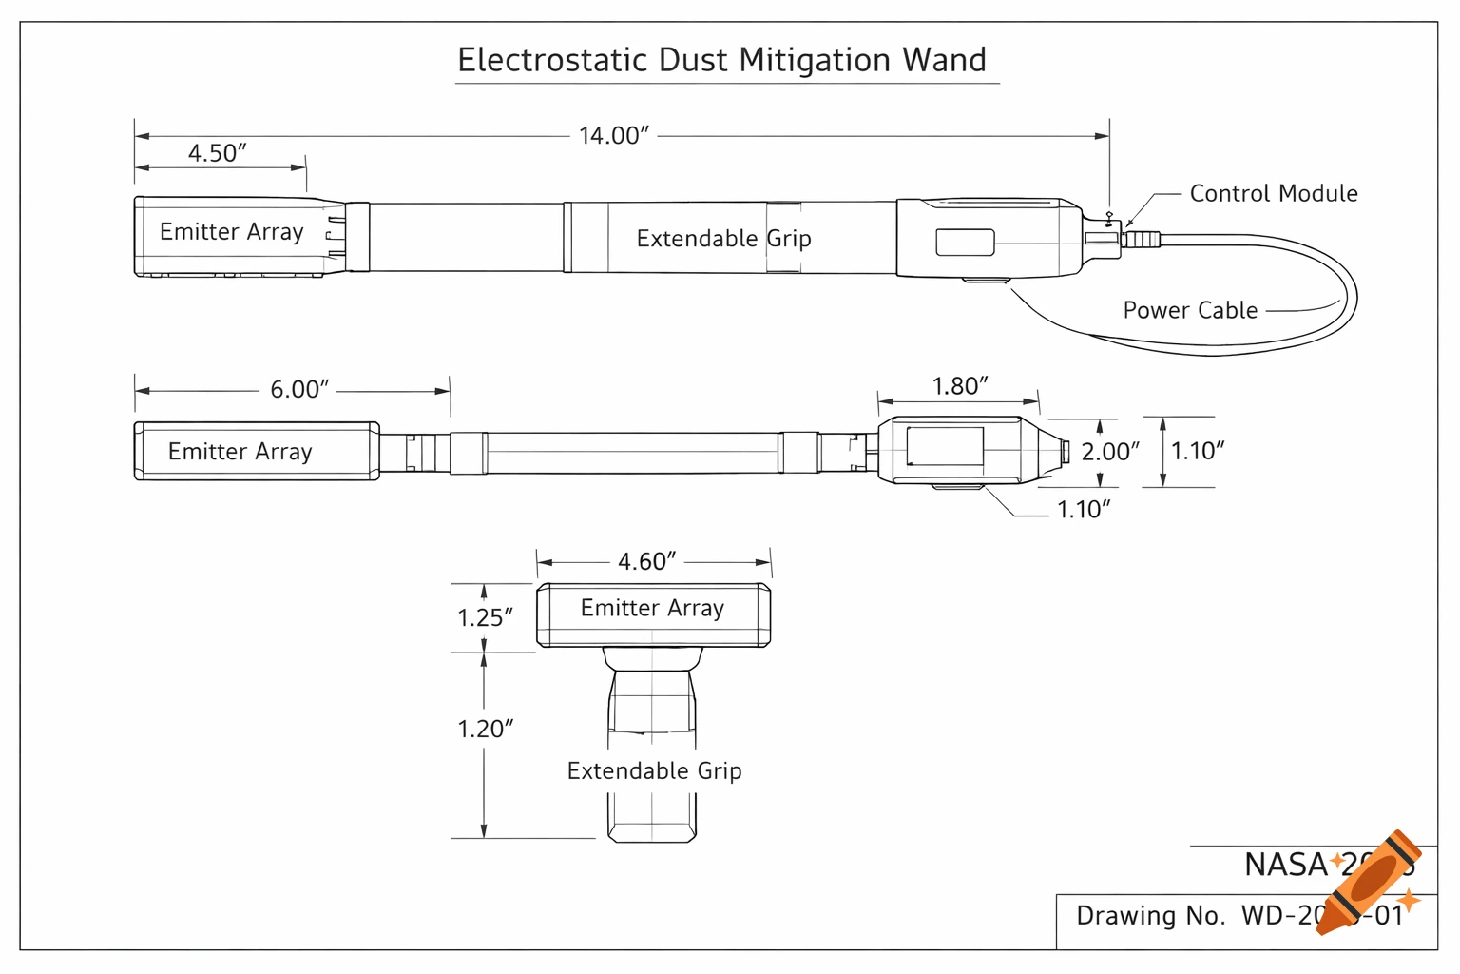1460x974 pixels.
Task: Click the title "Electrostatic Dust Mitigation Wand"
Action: click(722, 60)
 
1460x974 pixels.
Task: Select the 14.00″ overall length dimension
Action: click(613, 136)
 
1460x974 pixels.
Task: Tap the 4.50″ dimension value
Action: click(217, 153)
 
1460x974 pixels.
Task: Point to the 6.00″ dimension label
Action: click(298, 389)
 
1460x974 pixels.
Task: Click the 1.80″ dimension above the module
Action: click(959, 386)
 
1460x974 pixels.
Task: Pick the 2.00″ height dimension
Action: click(1110, 452)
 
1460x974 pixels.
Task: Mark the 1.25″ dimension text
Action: click(485, 617)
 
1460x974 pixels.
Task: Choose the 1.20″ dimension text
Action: click(485, 729)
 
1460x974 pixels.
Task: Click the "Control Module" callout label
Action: click(1273, 194)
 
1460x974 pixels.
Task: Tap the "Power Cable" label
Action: click(1190, 310)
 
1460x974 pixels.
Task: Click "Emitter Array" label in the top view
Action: click(231, 232)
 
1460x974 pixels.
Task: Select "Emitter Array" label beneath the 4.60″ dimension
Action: click(652, 608)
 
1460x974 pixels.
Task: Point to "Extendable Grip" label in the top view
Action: click(723, 239)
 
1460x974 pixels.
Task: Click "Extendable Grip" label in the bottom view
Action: click(654, 770)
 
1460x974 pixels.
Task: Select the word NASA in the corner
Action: click(1285, 865)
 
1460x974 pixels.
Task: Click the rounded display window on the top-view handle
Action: click(965, 243)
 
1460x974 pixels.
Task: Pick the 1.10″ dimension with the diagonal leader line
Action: click(1084, 510)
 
